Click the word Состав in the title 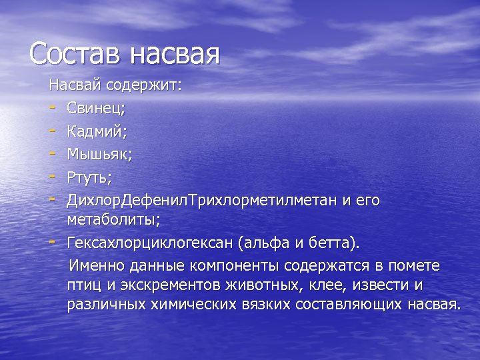click(x=76, y=53)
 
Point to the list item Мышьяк click(x=99, y=155)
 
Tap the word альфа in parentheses click(x=285, y=242)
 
